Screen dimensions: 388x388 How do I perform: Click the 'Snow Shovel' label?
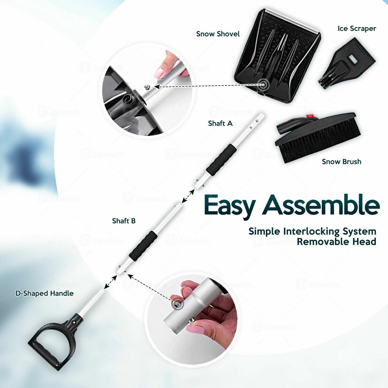[x=218, y=34]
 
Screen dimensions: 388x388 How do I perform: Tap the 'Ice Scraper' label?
[x=357, y=29]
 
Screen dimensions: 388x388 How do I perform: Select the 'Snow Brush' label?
[x=341, y=162]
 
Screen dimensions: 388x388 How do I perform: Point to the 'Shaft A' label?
[x=220, y=123]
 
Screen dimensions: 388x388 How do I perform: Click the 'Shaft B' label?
[x=124, y=221]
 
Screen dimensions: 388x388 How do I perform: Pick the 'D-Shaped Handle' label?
[x=44, y=293]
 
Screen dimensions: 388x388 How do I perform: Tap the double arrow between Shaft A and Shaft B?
[x=188, y=196]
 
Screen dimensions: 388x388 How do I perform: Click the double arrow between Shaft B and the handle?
[x=110, y=282]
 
